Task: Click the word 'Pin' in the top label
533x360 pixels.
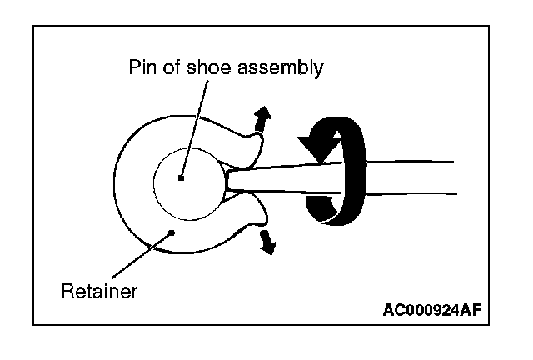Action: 141,68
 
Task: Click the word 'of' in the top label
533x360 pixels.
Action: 169,68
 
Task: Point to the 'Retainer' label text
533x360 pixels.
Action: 99,292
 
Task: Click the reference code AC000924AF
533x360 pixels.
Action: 431,311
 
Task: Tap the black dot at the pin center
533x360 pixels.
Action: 181,177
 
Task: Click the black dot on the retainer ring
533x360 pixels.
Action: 171,232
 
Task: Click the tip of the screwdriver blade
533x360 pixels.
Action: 229,180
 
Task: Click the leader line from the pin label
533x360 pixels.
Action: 192,125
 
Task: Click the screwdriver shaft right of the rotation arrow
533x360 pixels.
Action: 408,177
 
